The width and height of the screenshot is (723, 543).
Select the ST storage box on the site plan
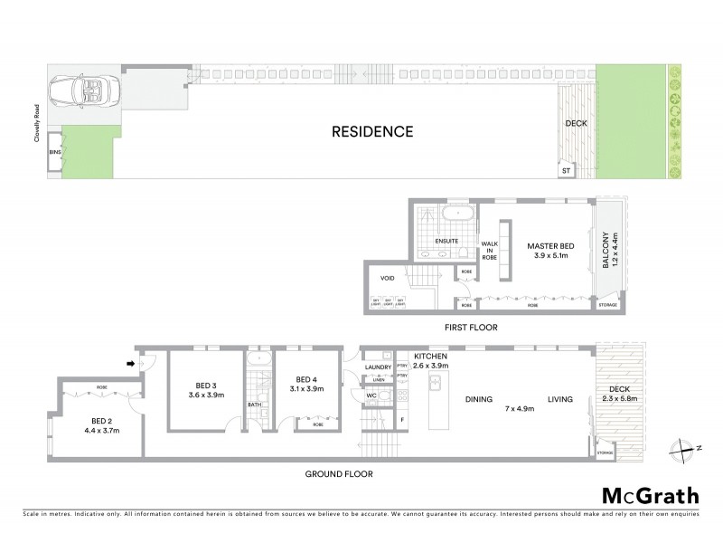click(566, 169)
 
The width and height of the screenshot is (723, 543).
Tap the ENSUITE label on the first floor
click(447, 242)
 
